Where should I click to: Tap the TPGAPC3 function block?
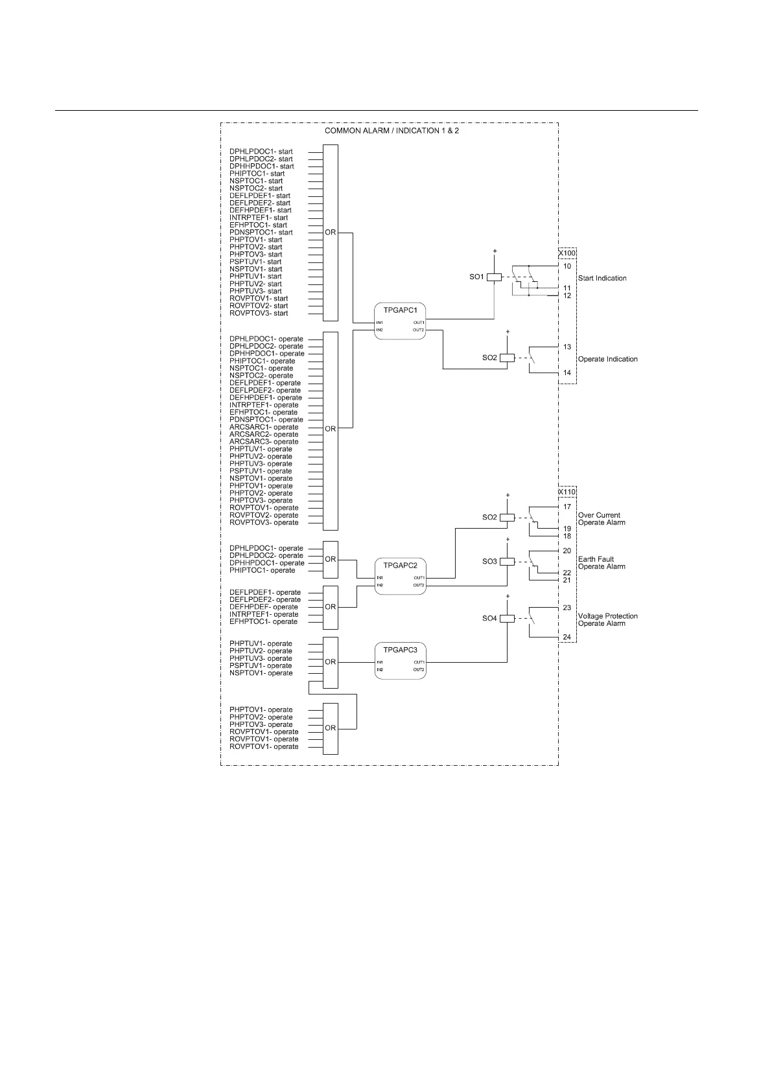coord(400,660)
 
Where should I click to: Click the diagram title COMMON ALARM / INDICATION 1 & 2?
coord(392,131)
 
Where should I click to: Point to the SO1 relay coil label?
coord(476,277)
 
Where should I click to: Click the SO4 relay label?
coord(489,619)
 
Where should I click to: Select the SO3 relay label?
coord(489,562)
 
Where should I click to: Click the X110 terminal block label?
coord(567,492)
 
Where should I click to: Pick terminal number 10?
coord(567,266)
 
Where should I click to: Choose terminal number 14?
coord(567,373)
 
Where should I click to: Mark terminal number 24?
coord(567,637)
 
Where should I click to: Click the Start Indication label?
coord(602,279)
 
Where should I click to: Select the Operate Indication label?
coord(607,360)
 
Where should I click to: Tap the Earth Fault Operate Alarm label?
coord(601,563)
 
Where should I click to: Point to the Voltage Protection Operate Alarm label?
coord(607,620)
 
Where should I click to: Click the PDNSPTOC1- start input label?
coord(261,233)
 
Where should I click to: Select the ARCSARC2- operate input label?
coord(264,435)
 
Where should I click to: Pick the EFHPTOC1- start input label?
coord(258,225)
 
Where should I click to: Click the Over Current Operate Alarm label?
coord(601,519)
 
